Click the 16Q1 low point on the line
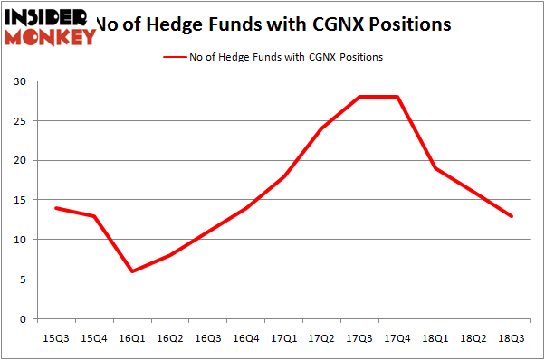pyautogui.click(x=132, y=271)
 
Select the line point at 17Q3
pyautogui.click(x=359, y=97)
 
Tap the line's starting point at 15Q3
pyautogui.click(x=56, y=208)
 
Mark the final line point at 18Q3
pyautogui.click(x=512, y=216)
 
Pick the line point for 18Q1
pyautogui.click(x=435, y=168)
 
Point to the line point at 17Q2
pyautogui.click(x=321, y=128)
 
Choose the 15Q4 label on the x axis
pyautogui.click(x=94, y=337)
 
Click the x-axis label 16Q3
pyautogui.click(x=207, y=337)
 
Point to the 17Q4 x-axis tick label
pyautogui.click(x=397, y=337)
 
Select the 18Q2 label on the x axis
pyautogui.click(x=473, y=337)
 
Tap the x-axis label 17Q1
pyautogui.click(x=283, y=337)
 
